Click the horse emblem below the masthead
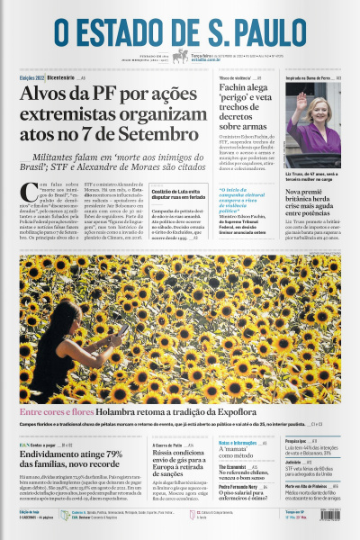180,56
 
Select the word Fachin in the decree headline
235,91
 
